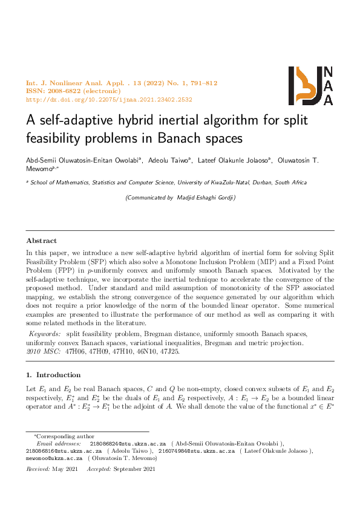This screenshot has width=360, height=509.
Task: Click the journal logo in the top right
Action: [x=311, y=86]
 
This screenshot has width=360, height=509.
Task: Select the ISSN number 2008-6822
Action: [x=66, y=91]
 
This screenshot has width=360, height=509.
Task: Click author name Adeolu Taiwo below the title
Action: [x=169, y=160]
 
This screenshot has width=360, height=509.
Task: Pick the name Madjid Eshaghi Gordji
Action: [x=205, y=198]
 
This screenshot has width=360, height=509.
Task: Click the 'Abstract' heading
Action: [x=41, y=241]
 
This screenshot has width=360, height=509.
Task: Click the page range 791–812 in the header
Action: [x=202, y=83]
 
